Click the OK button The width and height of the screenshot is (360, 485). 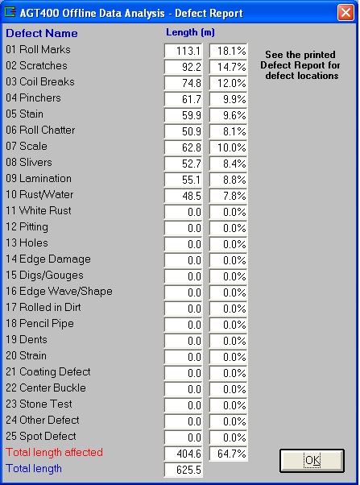[312, 461]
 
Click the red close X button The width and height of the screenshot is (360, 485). [346, 13]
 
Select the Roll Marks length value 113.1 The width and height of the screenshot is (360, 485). [183, 51]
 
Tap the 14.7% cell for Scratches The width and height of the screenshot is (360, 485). [228, 67]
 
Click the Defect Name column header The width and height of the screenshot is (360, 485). [42, 33]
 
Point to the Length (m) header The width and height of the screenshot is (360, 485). [190, 32]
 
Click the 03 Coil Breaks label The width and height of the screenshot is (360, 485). [40, 81]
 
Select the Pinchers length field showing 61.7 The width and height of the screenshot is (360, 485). [183, 99]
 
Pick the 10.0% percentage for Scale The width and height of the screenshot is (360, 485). [228, 147]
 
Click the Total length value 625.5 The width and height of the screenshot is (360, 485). [183, 470]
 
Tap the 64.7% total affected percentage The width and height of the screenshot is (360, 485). [228, 454]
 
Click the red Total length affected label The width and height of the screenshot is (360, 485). [55, 452]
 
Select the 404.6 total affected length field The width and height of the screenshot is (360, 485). [183, 454]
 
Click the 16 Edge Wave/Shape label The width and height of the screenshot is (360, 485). [59, 292]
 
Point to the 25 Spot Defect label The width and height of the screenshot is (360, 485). [41, 436]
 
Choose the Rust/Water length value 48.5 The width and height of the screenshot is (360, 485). [183, 196]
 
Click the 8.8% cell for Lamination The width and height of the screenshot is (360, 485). [228, 180]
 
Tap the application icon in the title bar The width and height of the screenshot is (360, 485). [10, 12]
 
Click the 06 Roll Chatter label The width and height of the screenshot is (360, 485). [40, 130]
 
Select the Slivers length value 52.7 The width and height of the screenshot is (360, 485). [183, 164]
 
